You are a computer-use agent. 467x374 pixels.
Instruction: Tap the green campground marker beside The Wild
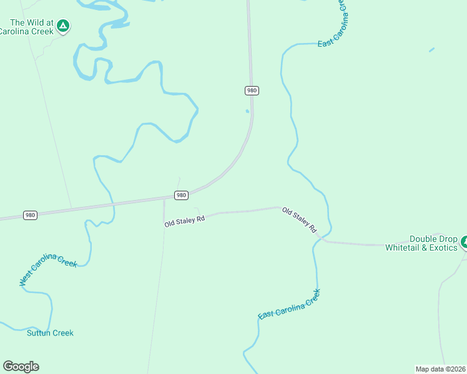point(62,26)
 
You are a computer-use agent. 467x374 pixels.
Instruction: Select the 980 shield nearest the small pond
point(251,90)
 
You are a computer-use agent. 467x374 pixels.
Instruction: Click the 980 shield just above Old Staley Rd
point(181,195)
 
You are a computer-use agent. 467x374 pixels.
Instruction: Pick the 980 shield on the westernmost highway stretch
point(30,215)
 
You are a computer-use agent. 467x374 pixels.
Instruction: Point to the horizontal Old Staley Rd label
point(185,221)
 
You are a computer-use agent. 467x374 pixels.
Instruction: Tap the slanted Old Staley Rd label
point(300,221)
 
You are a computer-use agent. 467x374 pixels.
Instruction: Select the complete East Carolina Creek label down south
point(289,304)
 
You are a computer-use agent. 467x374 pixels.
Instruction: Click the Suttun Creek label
point(50,333)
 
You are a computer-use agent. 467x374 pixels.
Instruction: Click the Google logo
point(21,367)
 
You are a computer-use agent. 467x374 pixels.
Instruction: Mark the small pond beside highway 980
point(247,112)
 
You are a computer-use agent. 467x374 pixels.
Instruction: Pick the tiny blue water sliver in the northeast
point(431,49)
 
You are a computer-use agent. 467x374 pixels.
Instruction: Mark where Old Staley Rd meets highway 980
point(164,199)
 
